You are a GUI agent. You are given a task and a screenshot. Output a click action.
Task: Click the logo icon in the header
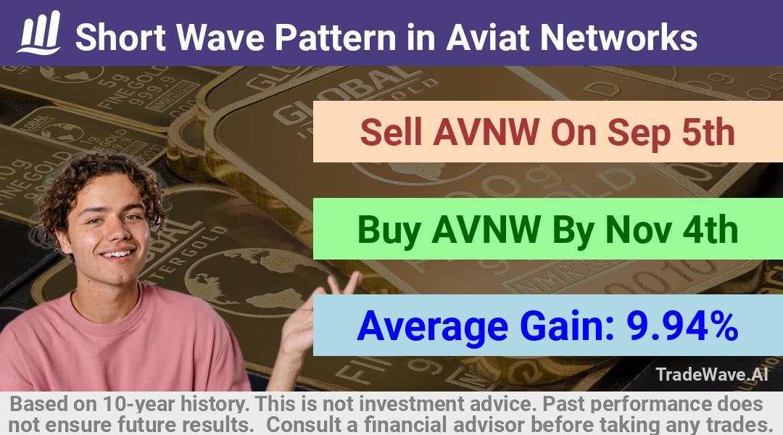pyautogui.click(x=39, y=33)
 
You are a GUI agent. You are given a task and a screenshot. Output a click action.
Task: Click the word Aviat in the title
pyautogui.click(x=487, y=38)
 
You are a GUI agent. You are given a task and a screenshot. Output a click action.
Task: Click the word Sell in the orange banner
pyautogui.click(x=391, y=132)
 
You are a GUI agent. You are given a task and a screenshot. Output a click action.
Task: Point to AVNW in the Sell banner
pyautogui.click(x=486, y=132)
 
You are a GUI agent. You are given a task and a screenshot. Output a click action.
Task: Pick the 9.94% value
pyautogui.click(x=682, y=326)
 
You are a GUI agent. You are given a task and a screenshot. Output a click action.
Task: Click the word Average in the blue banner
pyautogui.click(x=433, y=327)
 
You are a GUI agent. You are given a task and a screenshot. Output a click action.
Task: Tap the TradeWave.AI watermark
pyautogui.click(x=712, y=375)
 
